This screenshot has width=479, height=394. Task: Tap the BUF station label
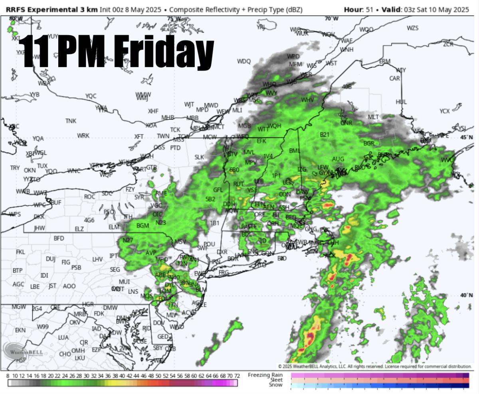point(56,203)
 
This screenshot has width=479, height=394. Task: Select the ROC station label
point(90,197)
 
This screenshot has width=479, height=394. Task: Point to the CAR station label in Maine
point(394,78)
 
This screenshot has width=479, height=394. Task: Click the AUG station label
point(338,159)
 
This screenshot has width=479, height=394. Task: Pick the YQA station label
point(38,138)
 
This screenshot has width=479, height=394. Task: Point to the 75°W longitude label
point(174,19)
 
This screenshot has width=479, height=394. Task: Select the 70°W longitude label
point(331,19)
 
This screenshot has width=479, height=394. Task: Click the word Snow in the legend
point(275,385)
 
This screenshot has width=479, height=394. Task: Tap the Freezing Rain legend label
point(265,375)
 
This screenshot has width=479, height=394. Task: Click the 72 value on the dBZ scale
point(237,376)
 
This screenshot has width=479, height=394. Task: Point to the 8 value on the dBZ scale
point(8,376)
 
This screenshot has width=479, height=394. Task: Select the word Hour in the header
point(352,9)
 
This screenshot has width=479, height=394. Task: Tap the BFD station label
point(59,238)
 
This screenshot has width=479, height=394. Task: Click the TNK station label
point(71,121)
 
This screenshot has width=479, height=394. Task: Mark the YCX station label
point(444,111)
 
